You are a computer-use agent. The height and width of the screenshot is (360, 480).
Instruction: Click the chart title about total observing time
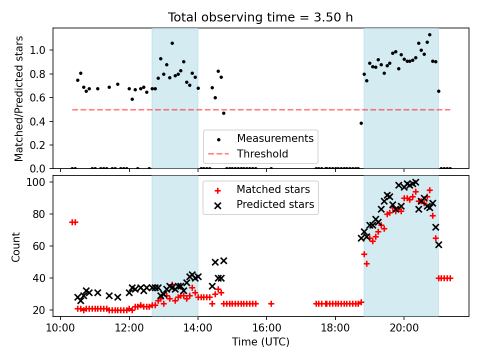click(x=260, y=17)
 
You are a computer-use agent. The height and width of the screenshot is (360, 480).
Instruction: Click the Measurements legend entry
click(x=275, y=138)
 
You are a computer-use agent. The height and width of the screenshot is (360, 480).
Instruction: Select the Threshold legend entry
click(x=262, y=154)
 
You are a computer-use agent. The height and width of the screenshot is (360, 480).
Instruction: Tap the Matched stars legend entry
click(x=273, y=189)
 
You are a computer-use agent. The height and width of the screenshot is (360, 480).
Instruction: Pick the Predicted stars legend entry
click(x=275, y=204)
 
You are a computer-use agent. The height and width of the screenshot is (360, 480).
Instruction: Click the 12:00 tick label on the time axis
click(x=129, y=329)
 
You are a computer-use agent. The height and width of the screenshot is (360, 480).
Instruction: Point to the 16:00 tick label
click(x=266, y=329)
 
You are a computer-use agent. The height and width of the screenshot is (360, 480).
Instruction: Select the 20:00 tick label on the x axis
click(x=403, y=329)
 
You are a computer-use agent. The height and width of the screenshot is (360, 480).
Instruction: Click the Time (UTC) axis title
click(x=260, y=342)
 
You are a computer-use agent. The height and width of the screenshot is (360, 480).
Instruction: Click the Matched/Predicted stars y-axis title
click(x=19, y=98)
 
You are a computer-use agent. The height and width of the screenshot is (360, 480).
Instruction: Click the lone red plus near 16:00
click(x=271, y=303)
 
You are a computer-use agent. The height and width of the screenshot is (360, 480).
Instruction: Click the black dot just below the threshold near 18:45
click(x=361, y=123)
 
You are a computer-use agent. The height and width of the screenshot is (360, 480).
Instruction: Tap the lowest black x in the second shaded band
click(x=438, y=244)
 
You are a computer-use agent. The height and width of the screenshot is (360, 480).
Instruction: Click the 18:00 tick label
click(x=335, y=329)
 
